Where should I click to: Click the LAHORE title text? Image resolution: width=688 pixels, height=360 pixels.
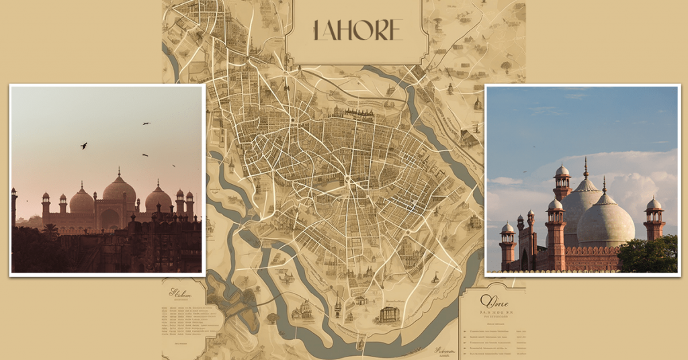pos(357,30)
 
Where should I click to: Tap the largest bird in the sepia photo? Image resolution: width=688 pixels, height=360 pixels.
pos(84,145)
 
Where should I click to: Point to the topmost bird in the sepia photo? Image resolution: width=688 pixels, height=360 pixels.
pos(146,124)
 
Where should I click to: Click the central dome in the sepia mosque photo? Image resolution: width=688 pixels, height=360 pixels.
pos(119,191)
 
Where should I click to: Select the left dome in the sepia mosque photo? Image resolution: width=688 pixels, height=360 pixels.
pos(81,200)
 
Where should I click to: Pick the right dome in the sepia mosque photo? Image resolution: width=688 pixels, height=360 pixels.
pos(159,199)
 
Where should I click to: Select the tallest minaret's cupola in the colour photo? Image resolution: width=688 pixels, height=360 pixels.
pos(562,172)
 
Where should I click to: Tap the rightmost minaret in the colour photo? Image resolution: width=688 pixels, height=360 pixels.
pos(654,218)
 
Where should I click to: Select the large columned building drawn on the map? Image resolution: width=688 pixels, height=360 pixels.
pos(389,313)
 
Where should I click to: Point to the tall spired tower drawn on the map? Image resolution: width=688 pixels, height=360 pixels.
pos(338,306)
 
